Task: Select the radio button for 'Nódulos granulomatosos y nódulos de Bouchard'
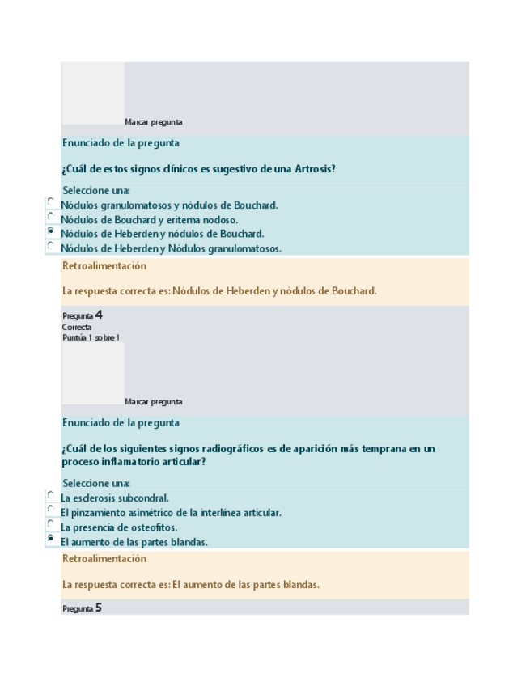coord(51,202)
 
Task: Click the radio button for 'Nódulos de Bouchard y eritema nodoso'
coord(51,217)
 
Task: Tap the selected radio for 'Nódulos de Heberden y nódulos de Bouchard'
coord(51,231)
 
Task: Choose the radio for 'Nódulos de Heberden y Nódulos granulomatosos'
coord(51,246)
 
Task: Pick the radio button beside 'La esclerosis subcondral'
coord(51,495)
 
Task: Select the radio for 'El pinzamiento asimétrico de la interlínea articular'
coord(51,510)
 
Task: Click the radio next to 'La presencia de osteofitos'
coord(51,524)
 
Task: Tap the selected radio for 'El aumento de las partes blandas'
coord(51,539)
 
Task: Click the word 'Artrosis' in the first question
coord(314,169)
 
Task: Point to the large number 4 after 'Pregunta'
coord(98,315)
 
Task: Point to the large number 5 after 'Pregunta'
coord(98,608)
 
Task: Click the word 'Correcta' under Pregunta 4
coord(76,328)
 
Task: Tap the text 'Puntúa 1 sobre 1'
coord(91,337)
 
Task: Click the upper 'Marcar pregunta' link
coord(154,122)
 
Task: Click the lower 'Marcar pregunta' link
coord(154,402)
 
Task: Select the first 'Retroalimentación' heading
coord(104,266)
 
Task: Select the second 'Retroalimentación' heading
coord(104,559)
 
